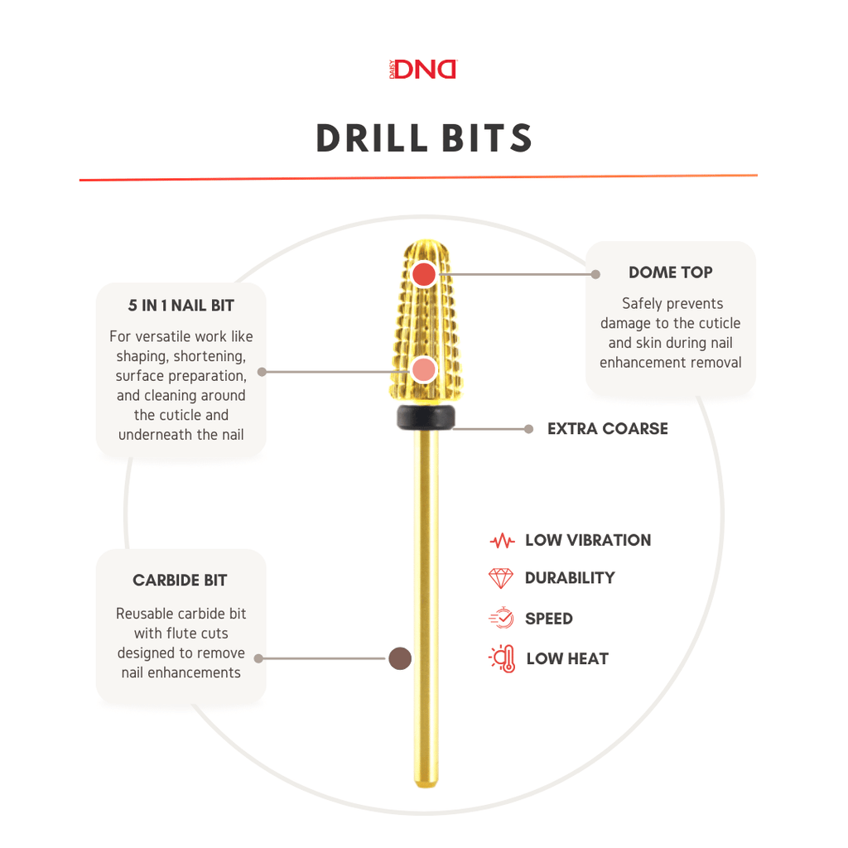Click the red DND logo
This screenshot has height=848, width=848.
coord(423,70)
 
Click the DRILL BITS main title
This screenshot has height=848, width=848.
coord(425,138)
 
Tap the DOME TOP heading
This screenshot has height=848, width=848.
coord(670,272)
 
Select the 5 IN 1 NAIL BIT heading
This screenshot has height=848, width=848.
coord(181,306)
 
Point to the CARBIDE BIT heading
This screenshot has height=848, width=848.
coord(180,581)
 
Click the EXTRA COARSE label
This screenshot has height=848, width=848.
coord(607,429)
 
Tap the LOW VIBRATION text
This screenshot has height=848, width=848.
coord(588,540)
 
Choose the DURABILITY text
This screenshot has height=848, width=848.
coord(570,578)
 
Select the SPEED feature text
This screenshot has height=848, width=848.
coord(548,619)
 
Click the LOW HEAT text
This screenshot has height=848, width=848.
coord(567,658)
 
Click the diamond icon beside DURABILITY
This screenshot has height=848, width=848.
coord(500,578)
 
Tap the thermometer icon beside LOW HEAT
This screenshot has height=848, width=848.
coord(503,658)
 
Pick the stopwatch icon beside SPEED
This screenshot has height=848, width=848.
coord(501,618)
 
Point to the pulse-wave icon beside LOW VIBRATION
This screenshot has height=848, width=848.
coord(502,540)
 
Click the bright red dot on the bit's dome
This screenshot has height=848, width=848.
coord(424,274)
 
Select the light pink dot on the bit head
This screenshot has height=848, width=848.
coord(423,370)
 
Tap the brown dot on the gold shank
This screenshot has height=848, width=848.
coord(400,658)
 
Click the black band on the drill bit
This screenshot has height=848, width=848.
coord(426,417)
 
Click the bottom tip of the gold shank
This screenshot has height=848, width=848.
coord(426,785)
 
